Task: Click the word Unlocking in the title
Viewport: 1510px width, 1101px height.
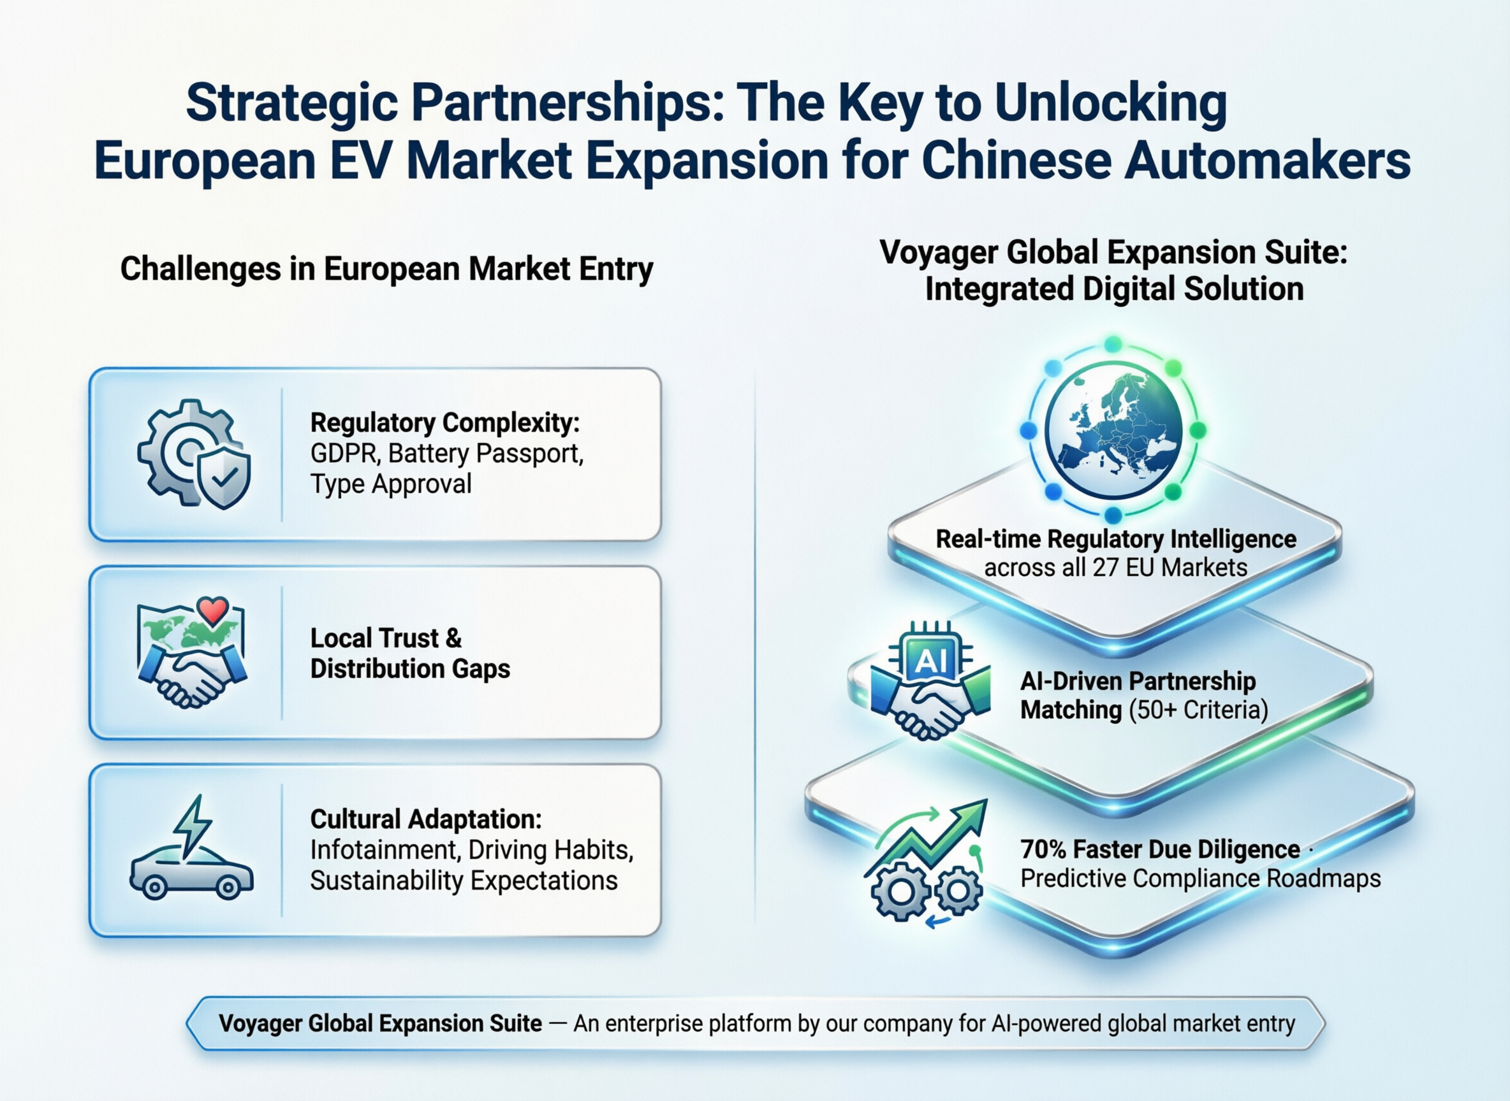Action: point(1110,104)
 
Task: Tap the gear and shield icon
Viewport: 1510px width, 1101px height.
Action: point(194,454)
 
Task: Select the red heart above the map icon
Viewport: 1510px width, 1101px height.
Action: point(214,610)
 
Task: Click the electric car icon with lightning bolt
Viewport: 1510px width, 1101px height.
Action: point(191,847)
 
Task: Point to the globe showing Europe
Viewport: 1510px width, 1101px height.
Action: point(1113,430)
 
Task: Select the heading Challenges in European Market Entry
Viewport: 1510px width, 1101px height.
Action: point(387,270)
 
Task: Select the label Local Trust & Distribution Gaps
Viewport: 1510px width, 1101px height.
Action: point(410,653)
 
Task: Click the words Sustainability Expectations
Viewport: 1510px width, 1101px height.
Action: point(464,881)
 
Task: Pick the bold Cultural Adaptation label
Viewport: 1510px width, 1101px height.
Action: point(426,820)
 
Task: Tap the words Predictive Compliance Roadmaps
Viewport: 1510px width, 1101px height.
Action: point(1201,879)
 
